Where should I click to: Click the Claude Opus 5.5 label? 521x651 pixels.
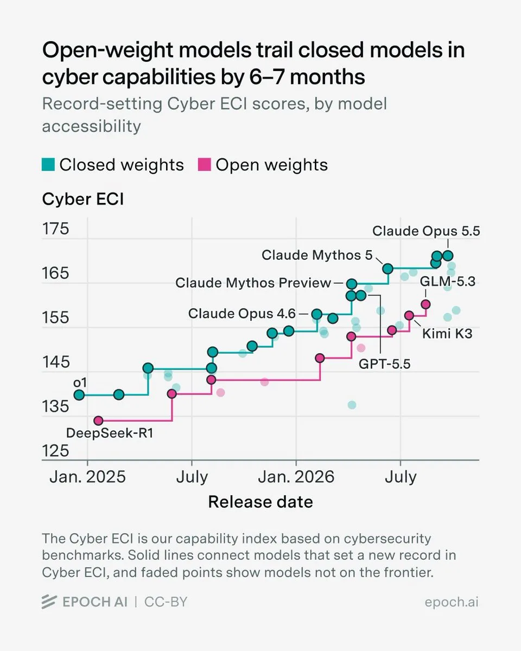point(426,231)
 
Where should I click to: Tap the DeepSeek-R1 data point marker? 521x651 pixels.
point(98,420)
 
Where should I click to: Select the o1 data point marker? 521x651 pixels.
point(79,395)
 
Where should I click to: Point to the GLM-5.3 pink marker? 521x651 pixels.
point(425,304)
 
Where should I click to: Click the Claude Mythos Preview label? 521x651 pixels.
point(253,283)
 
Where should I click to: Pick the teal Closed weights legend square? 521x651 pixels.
point(48,164)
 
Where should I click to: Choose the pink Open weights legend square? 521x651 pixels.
point(205,164)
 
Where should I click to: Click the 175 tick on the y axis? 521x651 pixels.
point(56,229)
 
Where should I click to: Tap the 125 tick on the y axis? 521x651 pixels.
point(56,451)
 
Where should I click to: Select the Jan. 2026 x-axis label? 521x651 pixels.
point(296,477)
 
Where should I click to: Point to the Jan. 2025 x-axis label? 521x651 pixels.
point(87,477)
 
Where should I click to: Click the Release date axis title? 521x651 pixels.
point(260,502)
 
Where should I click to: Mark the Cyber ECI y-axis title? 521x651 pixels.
point(83,199)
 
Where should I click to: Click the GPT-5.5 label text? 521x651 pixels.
point(384,364)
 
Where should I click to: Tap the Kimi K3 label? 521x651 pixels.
point(447,334)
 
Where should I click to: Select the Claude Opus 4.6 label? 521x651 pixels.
point(242,314)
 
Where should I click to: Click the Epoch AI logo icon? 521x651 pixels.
point(49,602)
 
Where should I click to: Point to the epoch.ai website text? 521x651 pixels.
point(452,602)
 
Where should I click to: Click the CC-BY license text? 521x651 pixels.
point(166,602)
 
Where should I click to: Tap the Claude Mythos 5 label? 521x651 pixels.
point(317,256)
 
